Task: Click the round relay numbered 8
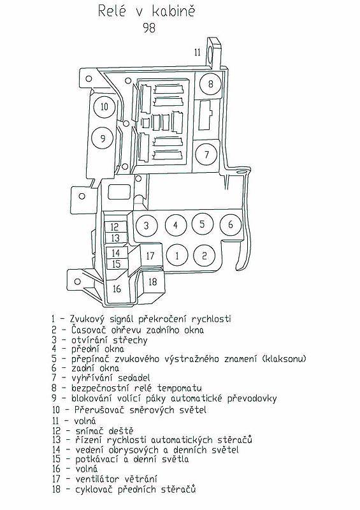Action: (210, 84)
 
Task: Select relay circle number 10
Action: (104, 106)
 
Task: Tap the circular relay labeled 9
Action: (103, 138)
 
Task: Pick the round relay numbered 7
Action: (206, 154)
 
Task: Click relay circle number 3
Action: (147, 226)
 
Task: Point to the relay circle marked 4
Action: (176, 225)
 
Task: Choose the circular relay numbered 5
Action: (202, 224)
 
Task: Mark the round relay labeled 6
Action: (231, 224)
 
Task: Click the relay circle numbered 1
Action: (177, 256)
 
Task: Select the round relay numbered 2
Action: (205, 256)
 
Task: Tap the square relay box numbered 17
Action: (151, 256)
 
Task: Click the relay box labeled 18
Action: (152, 282)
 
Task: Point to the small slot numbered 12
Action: (115, 227)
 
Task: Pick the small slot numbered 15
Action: (116, 263)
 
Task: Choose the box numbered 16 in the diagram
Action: (117, 288)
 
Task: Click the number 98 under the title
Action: (149, 28)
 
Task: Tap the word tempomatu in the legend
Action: (180, 388)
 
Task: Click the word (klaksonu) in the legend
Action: (284, 359)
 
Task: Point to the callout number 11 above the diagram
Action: (198, 52)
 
